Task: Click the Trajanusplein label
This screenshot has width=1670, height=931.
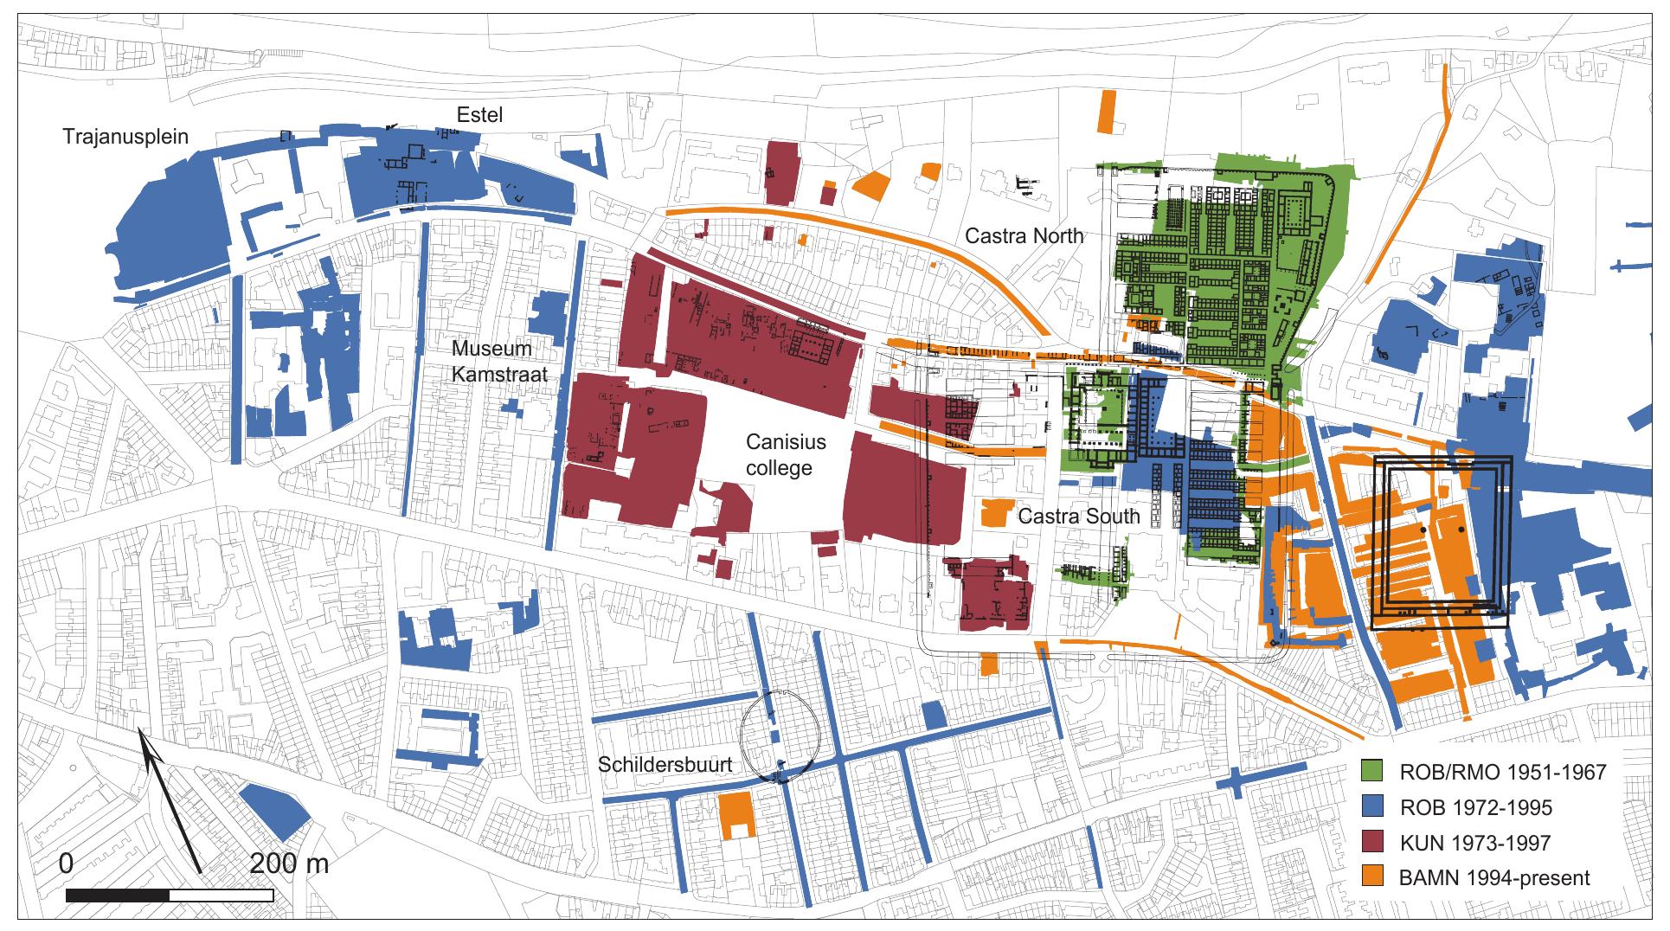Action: pos(125,137)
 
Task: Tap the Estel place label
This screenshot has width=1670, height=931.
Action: pos(480,115)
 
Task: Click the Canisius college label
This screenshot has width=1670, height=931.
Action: pos(786,455)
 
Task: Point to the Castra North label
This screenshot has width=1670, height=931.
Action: pos(1024,235)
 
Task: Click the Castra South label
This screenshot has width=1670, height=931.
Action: pos(1078,517)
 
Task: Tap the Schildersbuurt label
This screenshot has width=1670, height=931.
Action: pos(665,765)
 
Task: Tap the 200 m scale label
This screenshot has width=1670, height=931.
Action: pos(289,864)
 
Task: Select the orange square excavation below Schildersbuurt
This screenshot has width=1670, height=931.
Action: pos(736,813)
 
